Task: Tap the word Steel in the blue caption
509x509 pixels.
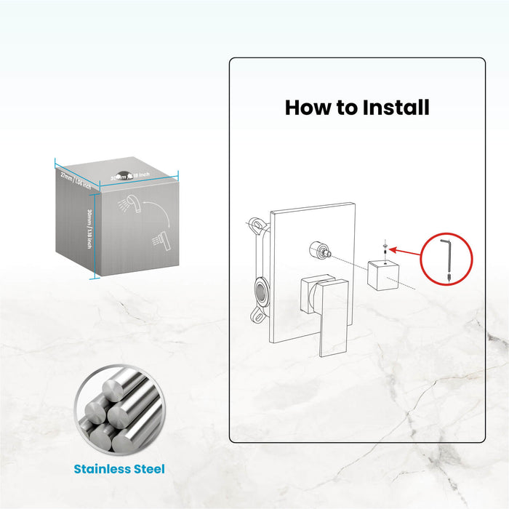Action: tap(148, 469)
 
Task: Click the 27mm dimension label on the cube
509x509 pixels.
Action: tap(75, 179)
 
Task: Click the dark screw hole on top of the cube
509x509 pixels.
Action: tap(124, 175)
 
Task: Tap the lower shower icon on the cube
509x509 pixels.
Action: tap(160, 239)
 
